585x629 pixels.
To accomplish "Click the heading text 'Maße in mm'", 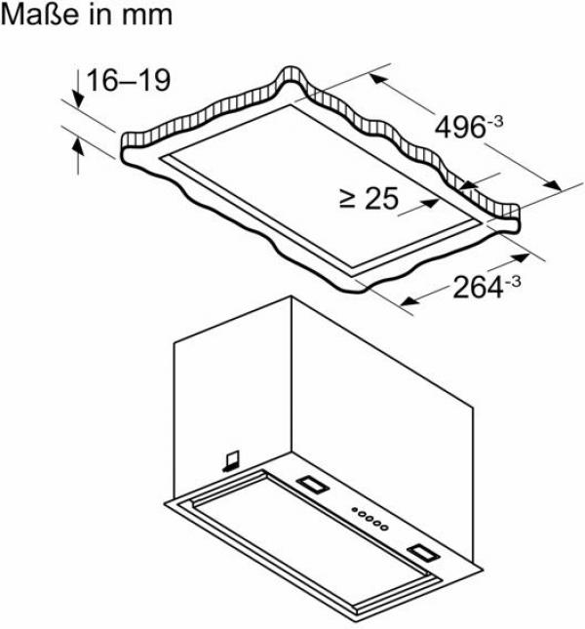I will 88,16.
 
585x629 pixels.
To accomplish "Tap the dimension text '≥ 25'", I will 370,199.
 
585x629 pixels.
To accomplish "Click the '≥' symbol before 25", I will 348,200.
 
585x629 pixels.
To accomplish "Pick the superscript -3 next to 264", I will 512,282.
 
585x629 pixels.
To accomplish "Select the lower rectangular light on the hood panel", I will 426,552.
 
